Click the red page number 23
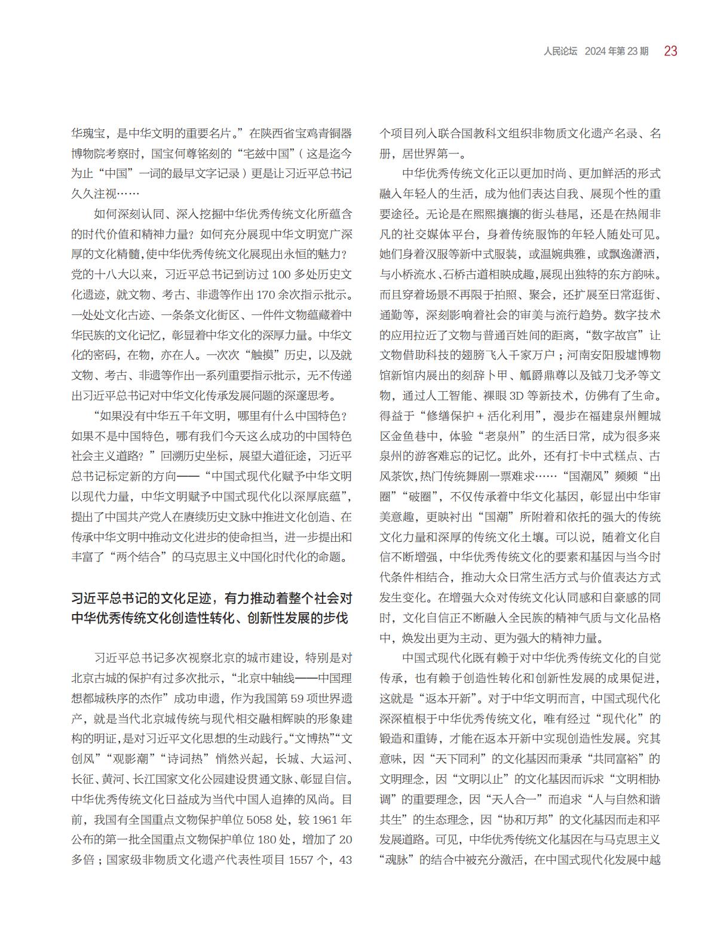(670, 51)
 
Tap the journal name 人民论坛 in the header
(560, 51)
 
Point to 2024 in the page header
(595, 51)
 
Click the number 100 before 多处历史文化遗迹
(271, 275)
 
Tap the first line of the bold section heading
(212, 598)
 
